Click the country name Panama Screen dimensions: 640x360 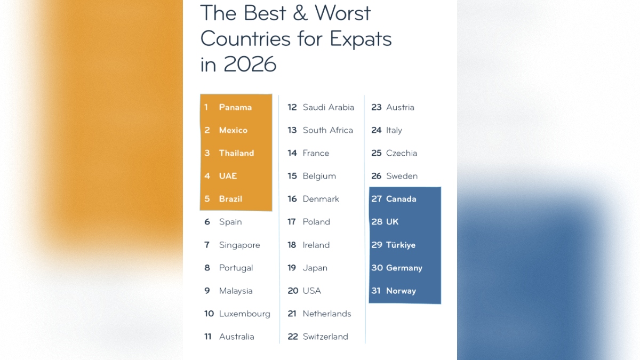click(235, 107)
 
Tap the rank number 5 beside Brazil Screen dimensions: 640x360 click(207, 199)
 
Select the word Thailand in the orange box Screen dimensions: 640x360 click(236, 153)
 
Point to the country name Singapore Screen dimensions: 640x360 click(239, 245)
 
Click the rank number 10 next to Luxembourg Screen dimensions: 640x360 click(209, 314)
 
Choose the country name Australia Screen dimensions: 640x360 click(236, 337)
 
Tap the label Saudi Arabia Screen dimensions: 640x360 click(329, 107)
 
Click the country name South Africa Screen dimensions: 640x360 click(327, 130)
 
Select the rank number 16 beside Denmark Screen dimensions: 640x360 click(292, 199)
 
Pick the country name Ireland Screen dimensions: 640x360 click(316, 245)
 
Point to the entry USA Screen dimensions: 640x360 click(311, 291)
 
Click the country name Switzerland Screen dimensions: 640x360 click(325, 337)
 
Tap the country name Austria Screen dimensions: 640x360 click(400, 107)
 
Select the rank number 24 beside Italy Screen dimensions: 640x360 click(377, 130)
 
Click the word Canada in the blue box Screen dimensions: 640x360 click(401, 199)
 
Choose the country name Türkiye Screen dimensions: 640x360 click(401, 245)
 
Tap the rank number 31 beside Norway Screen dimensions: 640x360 click(375, 291)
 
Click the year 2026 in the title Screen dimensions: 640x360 click(250, 64)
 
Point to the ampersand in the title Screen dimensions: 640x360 click(300, 13)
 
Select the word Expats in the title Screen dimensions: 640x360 click(361, 39)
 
